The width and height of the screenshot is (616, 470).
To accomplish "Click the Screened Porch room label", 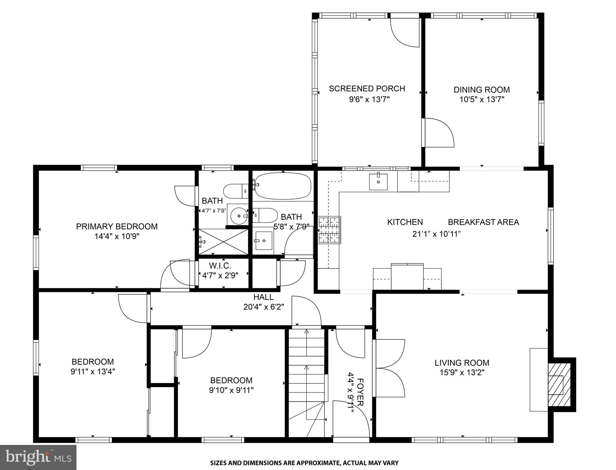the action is tap(367, 89).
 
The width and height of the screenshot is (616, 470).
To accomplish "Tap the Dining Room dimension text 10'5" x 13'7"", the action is tap(482, 99).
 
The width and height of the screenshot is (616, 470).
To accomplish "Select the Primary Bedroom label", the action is tap(117, 226).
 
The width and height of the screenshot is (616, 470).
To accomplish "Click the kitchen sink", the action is tap(378, 182).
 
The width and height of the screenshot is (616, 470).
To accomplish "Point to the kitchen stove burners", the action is tap(330, 230).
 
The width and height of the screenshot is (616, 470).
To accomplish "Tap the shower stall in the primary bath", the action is tap(223, 241).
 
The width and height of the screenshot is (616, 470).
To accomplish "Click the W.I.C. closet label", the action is tap(220, 266).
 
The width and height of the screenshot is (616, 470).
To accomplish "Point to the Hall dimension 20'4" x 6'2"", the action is tap(264, 307).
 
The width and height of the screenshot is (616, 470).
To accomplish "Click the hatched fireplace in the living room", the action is tap(559, 384).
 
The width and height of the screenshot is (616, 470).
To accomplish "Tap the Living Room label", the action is tap(462, 363).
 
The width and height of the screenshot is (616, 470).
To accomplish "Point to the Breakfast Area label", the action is tap(483, 222).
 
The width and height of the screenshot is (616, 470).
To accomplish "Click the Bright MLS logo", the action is tap(38, 457).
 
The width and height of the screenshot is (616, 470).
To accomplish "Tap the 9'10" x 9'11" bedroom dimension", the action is tap(231, 390).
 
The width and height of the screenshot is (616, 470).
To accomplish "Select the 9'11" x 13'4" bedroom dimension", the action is tap(93, 372).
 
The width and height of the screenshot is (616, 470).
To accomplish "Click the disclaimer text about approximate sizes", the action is tap(304, 463).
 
